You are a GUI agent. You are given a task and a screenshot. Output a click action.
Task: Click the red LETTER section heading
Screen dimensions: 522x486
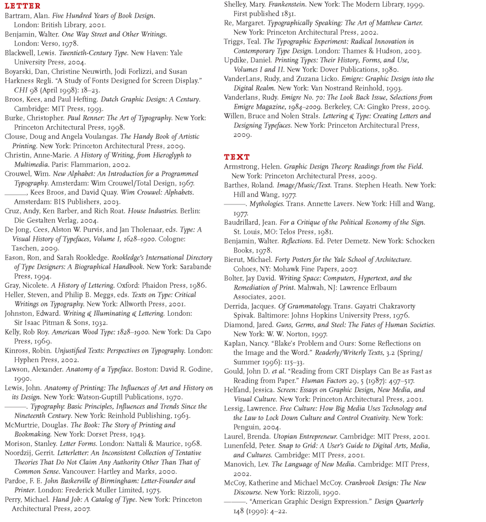coord(22,6)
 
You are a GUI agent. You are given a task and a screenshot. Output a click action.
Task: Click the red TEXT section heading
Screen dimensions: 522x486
coord(236,157)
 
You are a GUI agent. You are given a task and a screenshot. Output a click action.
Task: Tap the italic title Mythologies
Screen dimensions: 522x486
coord(267,204)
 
